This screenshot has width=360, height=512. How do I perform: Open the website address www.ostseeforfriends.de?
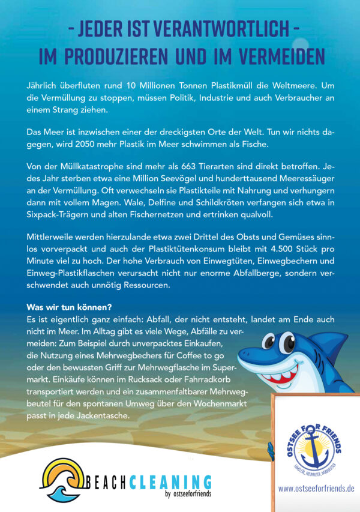tap(316, 489)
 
